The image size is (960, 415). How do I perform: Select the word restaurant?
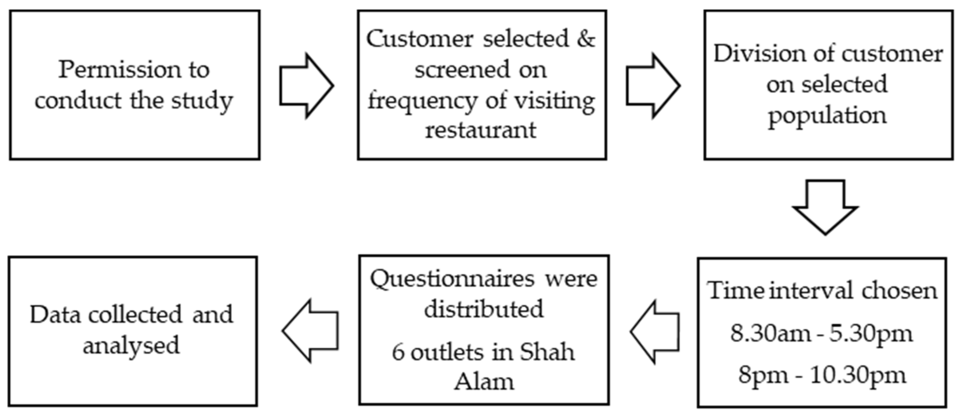[x=481, y=130]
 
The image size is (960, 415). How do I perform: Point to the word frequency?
[x=422, y=101]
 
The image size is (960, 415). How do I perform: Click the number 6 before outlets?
[x=398, y=352]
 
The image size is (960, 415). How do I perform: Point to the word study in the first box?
[x=202, y=101]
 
